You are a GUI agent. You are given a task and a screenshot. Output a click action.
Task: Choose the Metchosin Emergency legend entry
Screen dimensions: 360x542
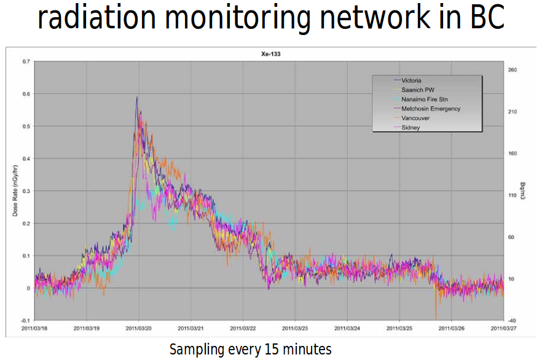pos(431,109)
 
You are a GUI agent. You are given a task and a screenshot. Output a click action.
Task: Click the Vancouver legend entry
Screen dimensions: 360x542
pos(415,118)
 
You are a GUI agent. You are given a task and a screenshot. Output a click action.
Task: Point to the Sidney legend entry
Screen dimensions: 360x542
pos(410,127)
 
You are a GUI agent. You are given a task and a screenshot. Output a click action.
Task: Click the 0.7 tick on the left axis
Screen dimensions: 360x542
pos(25,61)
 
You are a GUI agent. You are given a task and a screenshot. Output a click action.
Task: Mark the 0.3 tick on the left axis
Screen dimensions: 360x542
pos(25,191)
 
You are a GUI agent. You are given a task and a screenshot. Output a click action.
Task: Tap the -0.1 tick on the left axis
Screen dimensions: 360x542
pos(25,321)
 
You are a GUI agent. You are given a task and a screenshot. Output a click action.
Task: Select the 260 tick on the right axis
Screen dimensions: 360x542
pos(512,70)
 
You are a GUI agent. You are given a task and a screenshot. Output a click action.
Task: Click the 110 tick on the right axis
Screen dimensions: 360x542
pos(512,195)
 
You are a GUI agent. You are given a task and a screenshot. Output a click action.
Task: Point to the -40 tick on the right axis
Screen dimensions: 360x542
pos(512,321)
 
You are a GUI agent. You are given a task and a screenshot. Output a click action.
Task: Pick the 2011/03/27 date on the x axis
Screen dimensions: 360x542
pos(503,329)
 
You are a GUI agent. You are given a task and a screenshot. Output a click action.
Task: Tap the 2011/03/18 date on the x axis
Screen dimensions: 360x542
pos(35,329)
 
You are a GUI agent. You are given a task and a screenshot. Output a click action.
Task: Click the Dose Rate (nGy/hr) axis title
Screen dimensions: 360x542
pos(15,191)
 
